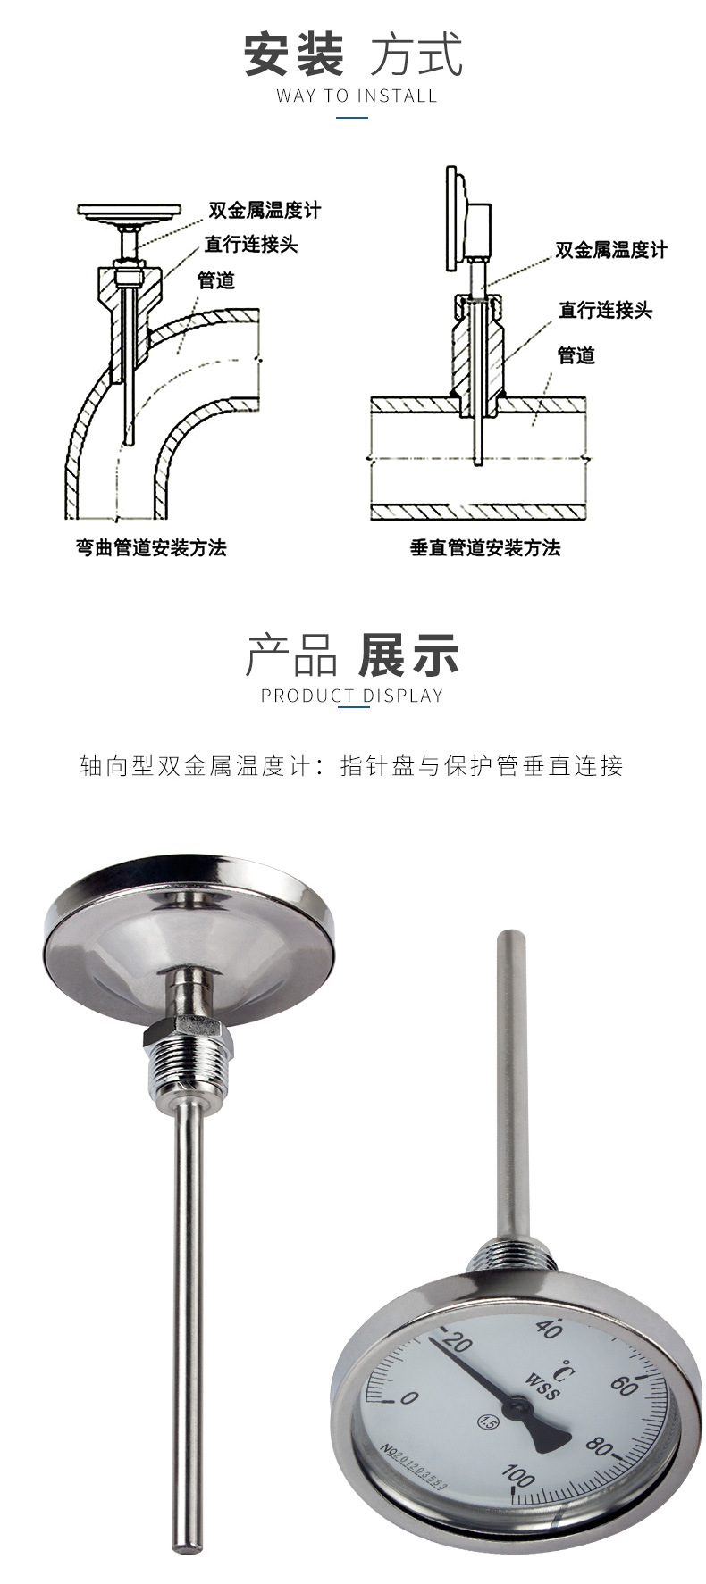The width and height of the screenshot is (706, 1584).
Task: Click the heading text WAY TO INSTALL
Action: pyautogui.click(x=357, y=96)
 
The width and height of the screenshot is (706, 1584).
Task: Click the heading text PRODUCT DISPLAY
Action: pyautogui.click(x=352, y=696)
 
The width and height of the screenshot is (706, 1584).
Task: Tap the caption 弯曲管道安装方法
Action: pyautogui.click(x=151, y=548)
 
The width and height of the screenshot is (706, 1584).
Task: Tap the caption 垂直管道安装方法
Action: pyautogui.click(x=485, y=548)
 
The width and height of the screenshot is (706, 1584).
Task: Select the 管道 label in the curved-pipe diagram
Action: pyautogui.click(x=216, y=280)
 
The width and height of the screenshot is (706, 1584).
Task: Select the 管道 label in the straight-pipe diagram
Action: pyautogui.click(x=576, y=355)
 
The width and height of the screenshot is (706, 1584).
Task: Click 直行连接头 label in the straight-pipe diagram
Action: pyautogui.click(x=606, y=311)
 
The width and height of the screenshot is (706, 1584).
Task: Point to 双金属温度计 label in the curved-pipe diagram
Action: pyautogui.click(x=264, y=211)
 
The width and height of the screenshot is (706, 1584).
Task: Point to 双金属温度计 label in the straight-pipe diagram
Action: pyautogui.click(x=611, y=250)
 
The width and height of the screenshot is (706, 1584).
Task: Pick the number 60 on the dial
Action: pyautogui.click(x=624, y=1386)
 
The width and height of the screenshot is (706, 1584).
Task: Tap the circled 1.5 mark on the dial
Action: pyautogui.click(x=488, y=1421)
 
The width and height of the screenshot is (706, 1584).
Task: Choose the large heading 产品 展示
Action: pyautogui.click(x=352, y=655)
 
